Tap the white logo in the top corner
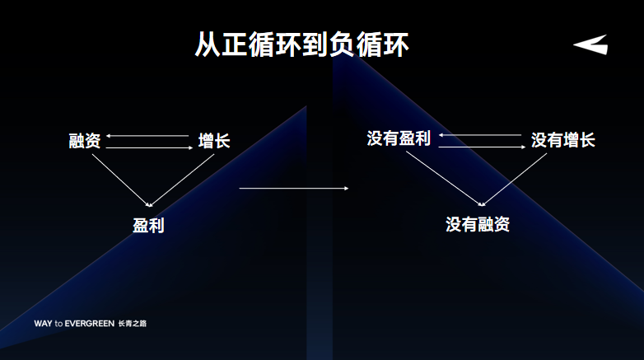590,45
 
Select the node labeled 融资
85,141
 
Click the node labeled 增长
214,141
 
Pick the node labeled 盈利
149,224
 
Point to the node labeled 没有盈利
399,138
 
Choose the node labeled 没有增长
562,140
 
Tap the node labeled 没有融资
478,223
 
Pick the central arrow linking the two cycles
294,189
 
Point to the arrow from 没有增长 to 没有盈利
481,134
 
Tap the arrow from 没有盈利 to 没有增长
481,147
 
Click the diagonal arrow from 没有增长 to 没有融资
516,178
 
